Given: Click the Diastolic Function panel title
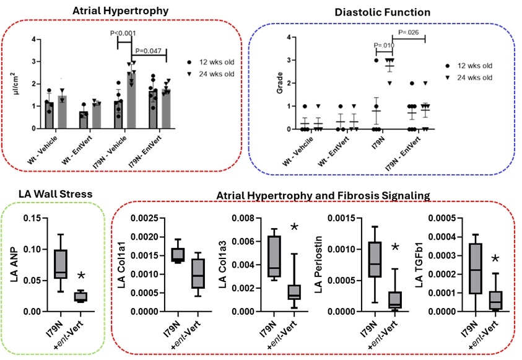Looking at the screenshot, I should point(382,12).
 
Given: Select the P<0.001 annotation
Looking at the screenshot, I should point(122,33).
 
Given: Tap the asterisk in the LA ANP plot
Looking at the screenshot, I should point(80,276).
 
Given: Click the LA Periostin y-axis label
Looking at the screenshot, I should point(321,263).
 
